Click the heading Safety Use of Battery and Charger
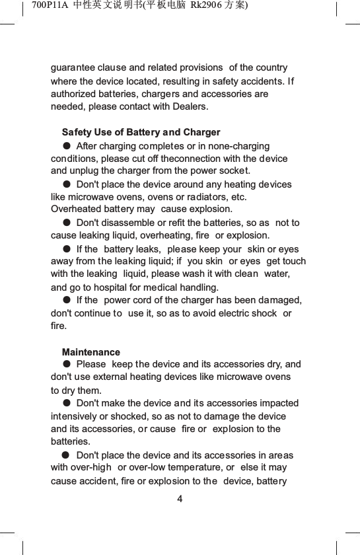141,133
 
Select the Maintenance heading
91,352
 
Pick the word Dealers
188,106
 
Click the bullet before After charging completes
67,145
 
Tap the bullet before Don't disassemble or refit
67,223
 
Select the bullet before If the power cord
67,300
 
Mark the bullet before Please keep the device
67,364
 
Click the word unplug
85,171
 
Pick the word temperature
186,468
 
